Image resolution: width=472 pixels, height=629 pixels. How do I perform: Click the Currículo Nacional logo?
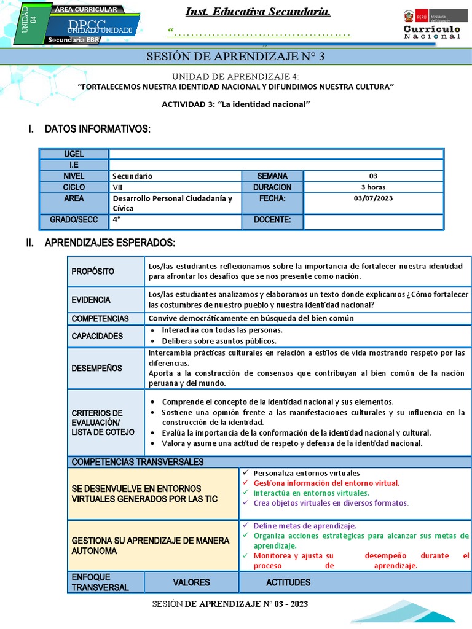click(x=431, y=25)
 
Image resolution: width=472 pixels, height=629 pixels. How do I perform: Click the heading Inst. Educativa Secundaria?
click(x=258, y=12)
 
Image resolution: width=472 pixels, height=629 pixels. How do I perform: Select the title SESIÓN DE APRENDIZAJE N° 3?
click(x=235, y=57)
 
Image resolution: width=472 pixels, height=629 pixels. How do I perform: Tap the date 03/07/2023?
click(x=373, y=198)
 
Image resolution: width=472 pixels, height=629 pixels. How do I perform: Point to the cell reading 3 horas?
click(x=373, y=187)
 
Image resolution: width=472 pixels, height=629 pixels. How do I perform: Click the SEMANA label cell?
click(x=272, y=176)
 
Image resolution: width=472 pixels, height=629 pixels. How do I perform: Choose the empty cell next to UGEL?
click(x=276, y=154)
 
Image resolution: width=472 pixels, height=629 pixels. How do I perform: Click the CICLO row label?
click(x=74, y=187)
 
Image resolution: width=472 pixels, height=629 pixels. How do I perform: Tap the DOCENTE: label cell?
click(x=272, y=220)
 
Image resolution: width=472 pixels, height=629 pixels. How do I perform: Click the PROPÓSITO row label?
click(x=93, y=272)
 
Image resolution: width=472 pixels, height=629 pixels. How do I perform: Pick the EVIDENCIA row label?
click(x=91, y=300)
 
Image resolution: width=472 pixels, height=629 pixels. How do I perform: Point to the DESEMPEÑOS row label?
click(x=96, y=369)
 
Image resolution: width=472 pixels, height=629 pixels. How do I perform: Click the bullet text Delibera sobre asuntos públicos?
click(x=219, y=341)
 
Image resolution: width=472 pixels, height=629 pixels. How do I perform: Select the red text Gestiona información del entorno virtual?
click(x=326, y=483)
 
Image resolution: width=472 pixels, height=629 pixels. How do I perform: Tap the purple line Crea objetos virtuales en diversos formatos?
click(x=330, y=502)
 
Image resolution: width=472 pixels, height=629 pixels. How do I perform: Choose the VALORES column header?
click(x=191, y=582)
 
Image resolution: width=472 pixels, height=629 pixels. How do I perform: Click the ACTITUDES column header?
click(x=288, y=582)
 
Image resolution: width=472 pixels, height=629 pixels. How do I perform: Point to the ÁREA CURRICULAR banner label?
click(x=85, y=10)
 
